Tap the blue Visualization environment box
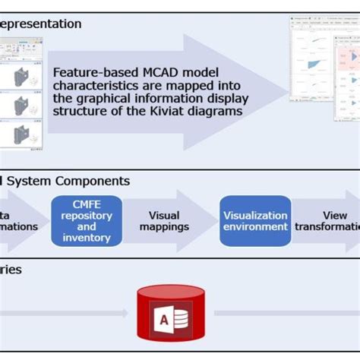[x=255, y=221]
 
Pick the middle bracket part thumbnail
[x=21, y=106]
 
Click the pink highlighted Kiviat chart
[x=352, y=56]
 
